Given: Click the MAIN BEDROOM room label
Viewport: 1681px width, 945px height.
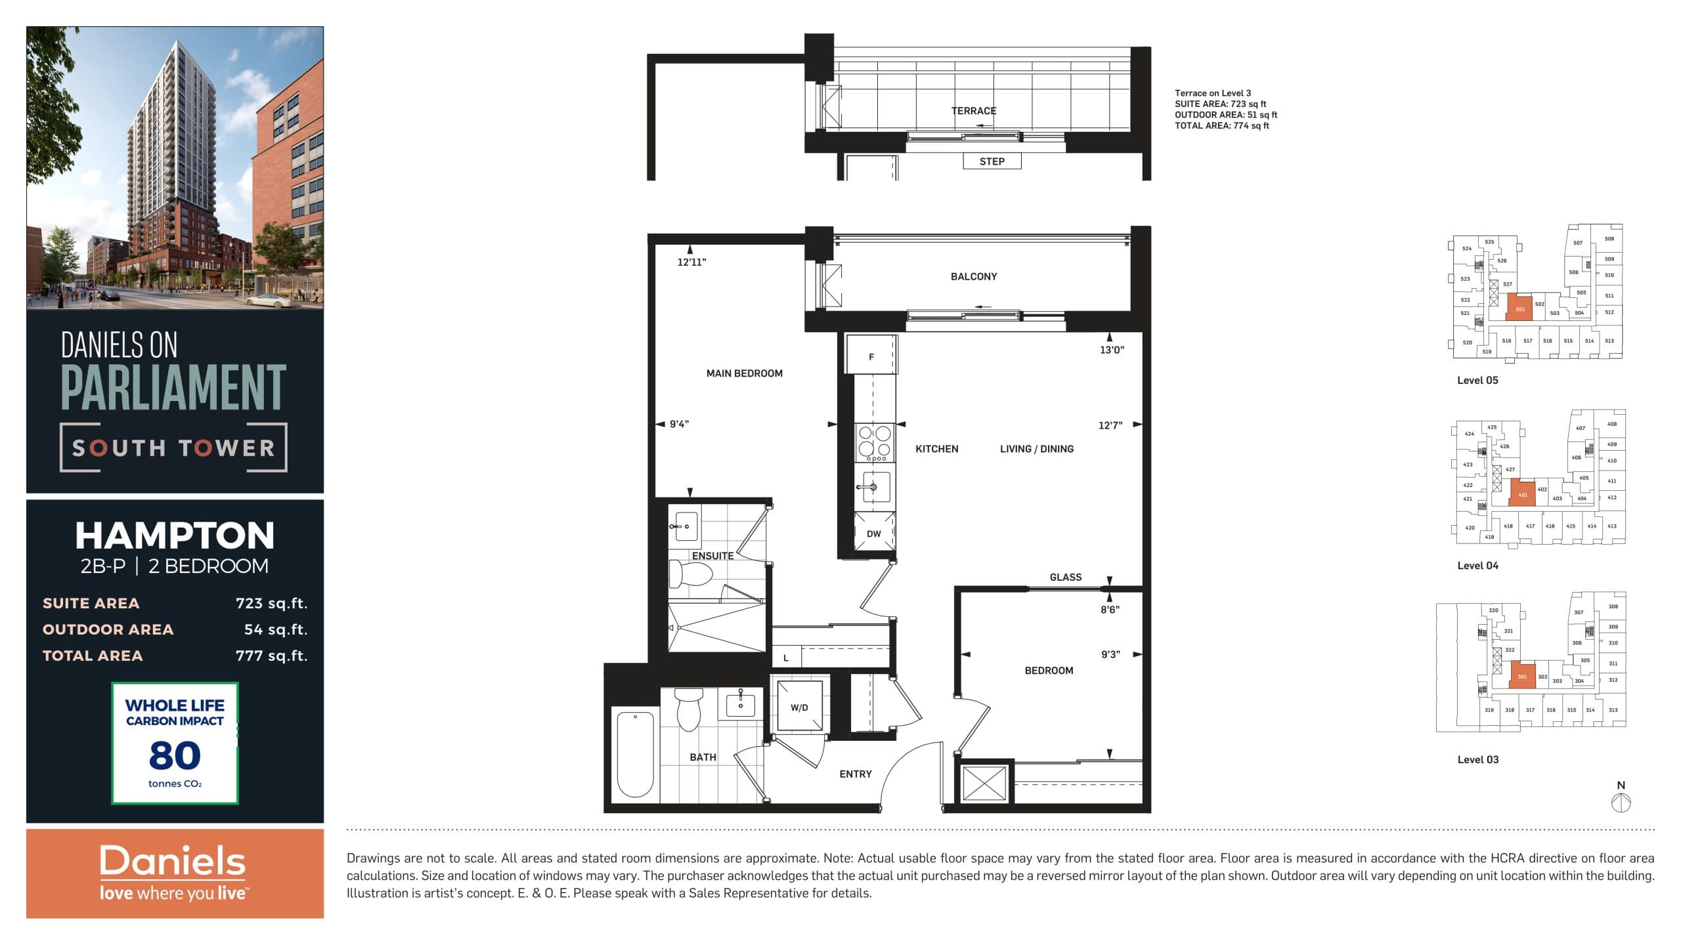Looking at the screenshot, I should (744, 373).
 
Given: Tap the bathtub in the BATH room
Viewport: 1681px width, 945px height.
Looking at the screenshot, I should (635, 755).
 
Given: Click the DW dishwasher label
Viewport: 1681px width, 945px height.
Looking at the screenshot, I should (873, 534).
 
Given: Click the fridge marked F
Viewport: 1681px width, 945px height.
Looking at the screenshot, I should (871, 356).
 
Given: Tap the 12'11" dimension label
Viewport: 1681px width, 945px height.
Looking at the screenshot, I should (691, 262).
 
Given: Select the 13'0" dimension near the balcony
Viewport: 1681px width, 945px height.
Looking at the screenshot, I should (1112, 350).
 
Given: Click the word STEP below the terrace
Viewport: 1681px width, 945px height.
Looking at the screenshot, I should (992, 161).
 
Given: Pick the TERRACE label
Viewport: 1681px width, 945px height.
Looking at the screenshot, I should (974, 111).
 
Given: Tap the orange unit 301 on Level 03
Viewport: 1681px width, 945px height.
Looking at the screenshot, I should (1522, 677).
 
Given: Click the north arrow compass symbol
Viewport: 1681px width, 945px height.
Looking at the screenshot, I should (1621, 802).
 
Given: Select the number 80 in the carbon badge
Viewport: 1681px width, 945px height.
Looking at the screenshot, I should (175, 755).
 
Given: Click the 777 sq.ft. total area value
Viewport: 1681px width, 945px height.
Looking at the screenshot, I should (271, 656).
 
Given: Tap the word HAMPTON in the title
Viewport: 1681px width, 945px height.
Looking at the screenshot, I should (175, 535).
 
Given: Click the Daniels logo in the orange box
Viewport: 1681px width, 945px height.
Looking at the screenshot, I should (173, 861).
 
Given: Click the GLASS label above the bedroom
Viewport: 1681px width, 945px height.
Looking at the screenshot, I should (1065, 577).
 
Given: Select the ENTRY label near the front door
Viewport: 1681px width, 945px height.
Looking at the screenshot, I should (855, 774).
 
